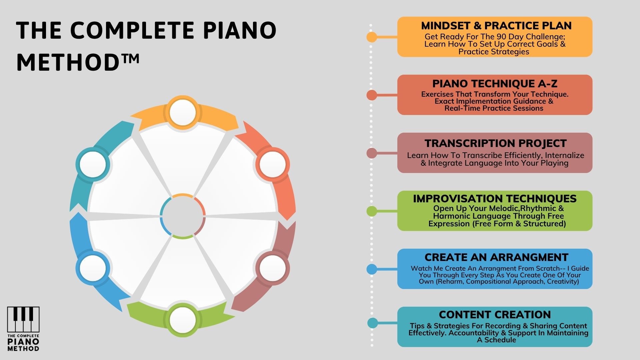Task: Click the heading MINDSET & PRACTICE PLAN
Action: pyautogui.click(x=496, y=26)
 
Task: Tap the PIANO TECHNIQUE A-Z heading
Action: pyautogui.click(x=495, y=83)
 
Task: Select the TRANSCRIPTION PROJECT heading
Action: pyautogui.click(x=495, y=143)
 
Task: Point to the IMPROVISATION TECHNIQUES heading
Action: pyautogui.click(x=495, y=199)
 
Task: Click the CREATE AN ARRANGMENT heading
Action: pyautogui.click(x=496, y=257)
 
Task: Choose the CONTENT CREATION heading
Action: pyautogui.click(x=495, y=315)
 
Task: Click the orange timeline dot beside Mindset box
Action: pyautogui.click(x=372, y=37)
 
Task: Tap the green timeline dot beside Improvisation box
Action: pyautogui.click(x=372, y=211)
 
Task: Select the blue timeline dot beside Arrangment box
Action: pyautogui.click(x=372, y=269)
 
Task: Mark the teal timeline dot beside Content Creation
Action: pyautogui.click(x=372, y=323)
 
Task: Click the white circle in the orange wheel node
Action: pyautogui.click(x=182, y=112)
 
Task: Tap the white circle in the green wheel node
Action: pyautogui.click(x=182, y=320)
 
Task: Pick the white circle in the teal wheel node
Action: pyautogui.click(x=93, y=164)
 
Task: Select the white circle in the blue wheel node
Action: pyautogui.click(x=93, y=268)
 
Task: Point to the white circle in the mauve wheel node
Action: pyautogui.click(x=272, y=268)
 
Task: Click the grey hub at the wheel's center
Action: pyautogui.click(x=182, y=216)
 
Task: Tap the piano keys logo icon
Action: pyautogui.click(x=23, y=320)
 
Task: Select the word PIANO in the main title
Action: pyautogui.click(x=240, y=30)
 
